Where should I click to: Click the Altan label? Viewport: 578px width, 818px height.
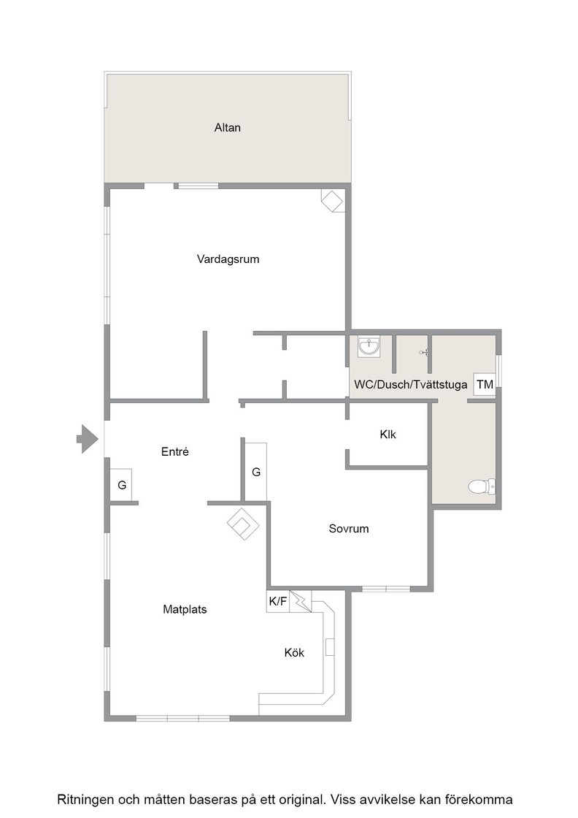[227, 127]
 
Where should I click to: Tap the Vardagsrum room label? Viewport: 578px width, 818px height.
[228, 259]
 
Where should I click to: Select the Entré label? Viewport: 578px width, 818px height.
[174, 452]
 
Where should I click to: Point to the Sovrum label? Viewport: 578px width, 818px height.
[349, 529]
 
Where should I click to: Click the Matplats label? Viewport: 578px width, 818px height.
[185, 609]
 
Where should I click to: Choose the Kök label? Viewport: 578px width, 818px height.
[294, 653]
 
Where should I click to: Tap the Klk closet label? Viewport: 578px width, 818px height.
[388, 434]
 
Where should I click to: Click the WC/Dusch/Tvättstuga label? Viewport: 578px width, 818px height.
[411, 385]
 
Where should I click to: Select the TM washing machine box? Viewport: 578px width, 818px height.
[484, 384]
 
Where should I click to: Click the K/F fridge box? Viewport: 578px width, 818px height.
[278, 602]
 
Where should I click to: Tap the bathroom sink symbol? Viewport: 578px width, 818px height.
[369, 346]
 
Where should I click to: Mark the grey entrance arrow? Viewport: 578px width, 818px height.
[88, 439]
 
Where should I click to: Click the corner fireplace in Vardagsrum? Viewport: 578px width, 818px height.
[332, 200]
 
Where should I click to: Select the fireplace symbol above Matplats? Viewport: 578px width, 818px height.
[243, 524]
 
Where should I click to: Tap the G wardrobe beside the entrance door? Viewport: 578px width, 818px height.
[121, 485]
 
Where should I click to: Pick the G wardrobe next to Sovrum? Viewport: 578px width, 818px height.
[256, 472]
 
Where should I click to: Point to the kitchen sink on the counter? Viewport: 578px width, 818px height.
[330, 647]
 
